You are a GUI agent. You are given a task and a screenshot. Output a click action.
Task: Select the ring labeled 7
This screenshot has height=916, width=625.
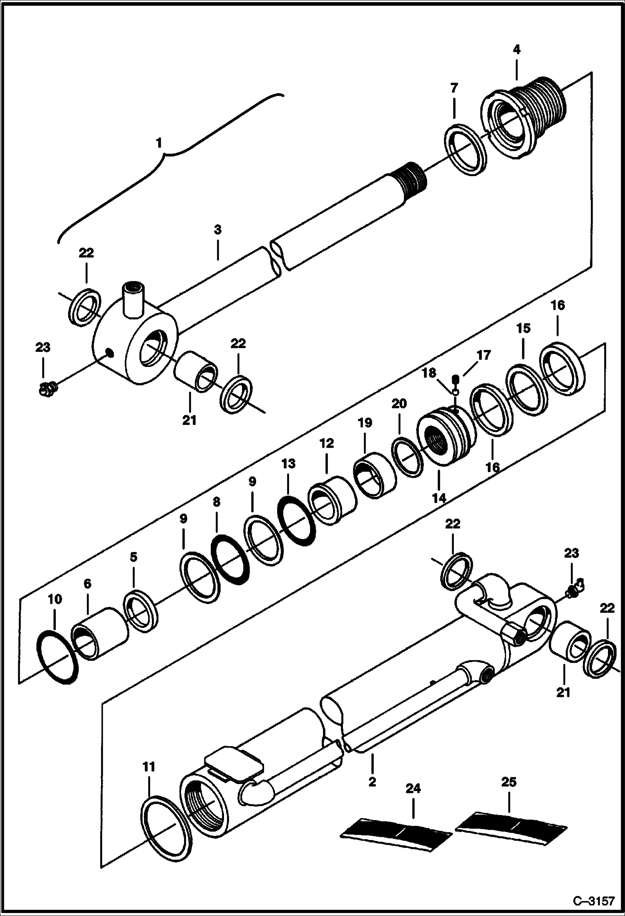466,149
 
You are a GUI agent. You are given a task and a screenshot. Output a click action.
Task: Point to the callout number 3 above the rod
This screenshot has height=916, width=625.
218,230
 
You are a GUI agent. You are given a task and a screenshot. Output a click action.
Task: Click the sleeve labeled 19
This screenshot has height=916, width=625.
374,475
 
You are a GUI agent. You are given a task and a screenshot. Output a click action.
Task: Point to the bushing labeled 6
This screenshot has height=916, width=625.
100,634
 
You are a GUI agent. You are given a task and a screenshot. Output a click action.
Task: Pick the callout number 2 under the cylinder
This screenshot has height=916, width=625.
373,781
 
